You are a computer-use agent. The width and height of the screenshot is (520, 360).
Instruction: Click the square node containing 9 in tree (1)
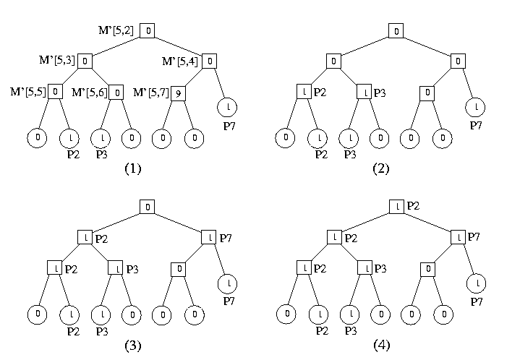pyautogui.click(x=179, y=93)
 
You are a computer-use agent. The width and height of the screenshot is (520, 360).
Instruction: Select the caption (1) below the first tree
pyautogui.click(x=132, y=168)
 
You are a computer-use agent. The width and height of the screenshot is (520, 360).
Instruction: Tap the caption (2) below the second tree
pyautogui.click(x=381, y=168)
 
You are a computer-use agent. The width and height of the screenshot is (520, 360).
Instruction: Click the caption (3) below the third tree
pyautogui.click(x=132, y=346)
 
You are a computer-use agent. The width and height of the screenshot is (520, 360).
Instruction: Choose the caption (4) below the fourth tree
pyautogui.click(x=381, y=346)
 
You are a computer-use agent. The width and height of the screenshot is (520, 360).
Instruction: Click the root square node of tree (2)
pyautogui.click(x=396, y=31)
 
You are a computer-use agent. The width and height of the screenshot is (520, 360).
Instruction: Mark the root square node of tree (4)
pyautogui.click(x=396, y=207)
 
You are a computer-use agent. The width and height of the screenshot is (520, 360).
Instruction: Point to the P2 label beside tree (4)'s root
pyautogui.click(x=413, y=207)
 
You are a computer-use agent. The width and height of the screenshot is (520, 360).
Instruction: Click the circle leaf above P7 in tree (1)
pyautogui.click(x=228, y=107)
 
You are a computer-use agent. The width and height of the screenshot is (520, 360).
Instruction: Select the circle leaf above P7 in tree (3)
pyautogui.click(x=228, y=283)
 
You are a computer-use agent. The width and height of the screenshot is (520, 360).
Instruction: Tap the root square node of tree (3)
pyautogui.click(x=147, y=207)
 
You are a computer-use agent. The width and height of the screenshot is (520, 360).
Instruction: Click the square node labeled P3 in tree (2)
pyautogui.click(x=365, y=93)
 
